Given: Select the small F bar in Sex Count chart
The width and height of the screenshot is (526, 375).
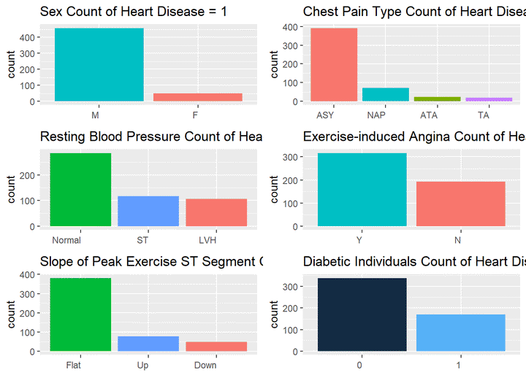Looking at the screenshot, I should [197, 97].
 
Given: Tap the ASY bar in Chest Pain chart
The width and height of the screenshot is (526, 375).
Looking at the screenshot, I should [334, 64].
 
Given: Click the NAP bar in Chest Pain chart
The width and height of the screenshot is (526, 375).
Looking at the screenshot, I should [386, 94].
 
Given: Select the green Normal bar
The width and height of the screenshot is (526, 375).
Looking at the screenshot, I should [80, 190].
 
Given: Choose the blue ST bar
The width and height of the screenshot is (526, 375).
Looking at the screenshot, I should [148, 211].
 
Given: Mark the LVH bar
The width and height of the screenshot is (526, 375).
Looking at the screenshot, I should [216, 212].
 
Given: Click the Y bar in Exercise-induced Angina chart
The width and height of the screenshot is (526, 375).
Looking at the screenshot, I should [362, 190].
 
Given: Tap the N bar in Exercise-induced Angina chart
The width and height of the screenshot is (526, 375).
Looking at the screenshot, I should [461, 204].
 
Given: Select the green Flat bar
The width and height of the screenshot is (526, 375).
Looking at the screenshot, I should [80, 314].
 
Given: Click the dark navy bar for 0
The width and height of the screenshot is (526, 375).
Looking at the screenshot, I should [362, 314].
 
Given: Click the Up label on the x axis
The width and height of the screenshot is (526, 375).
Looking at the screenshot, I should [143, 365].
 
